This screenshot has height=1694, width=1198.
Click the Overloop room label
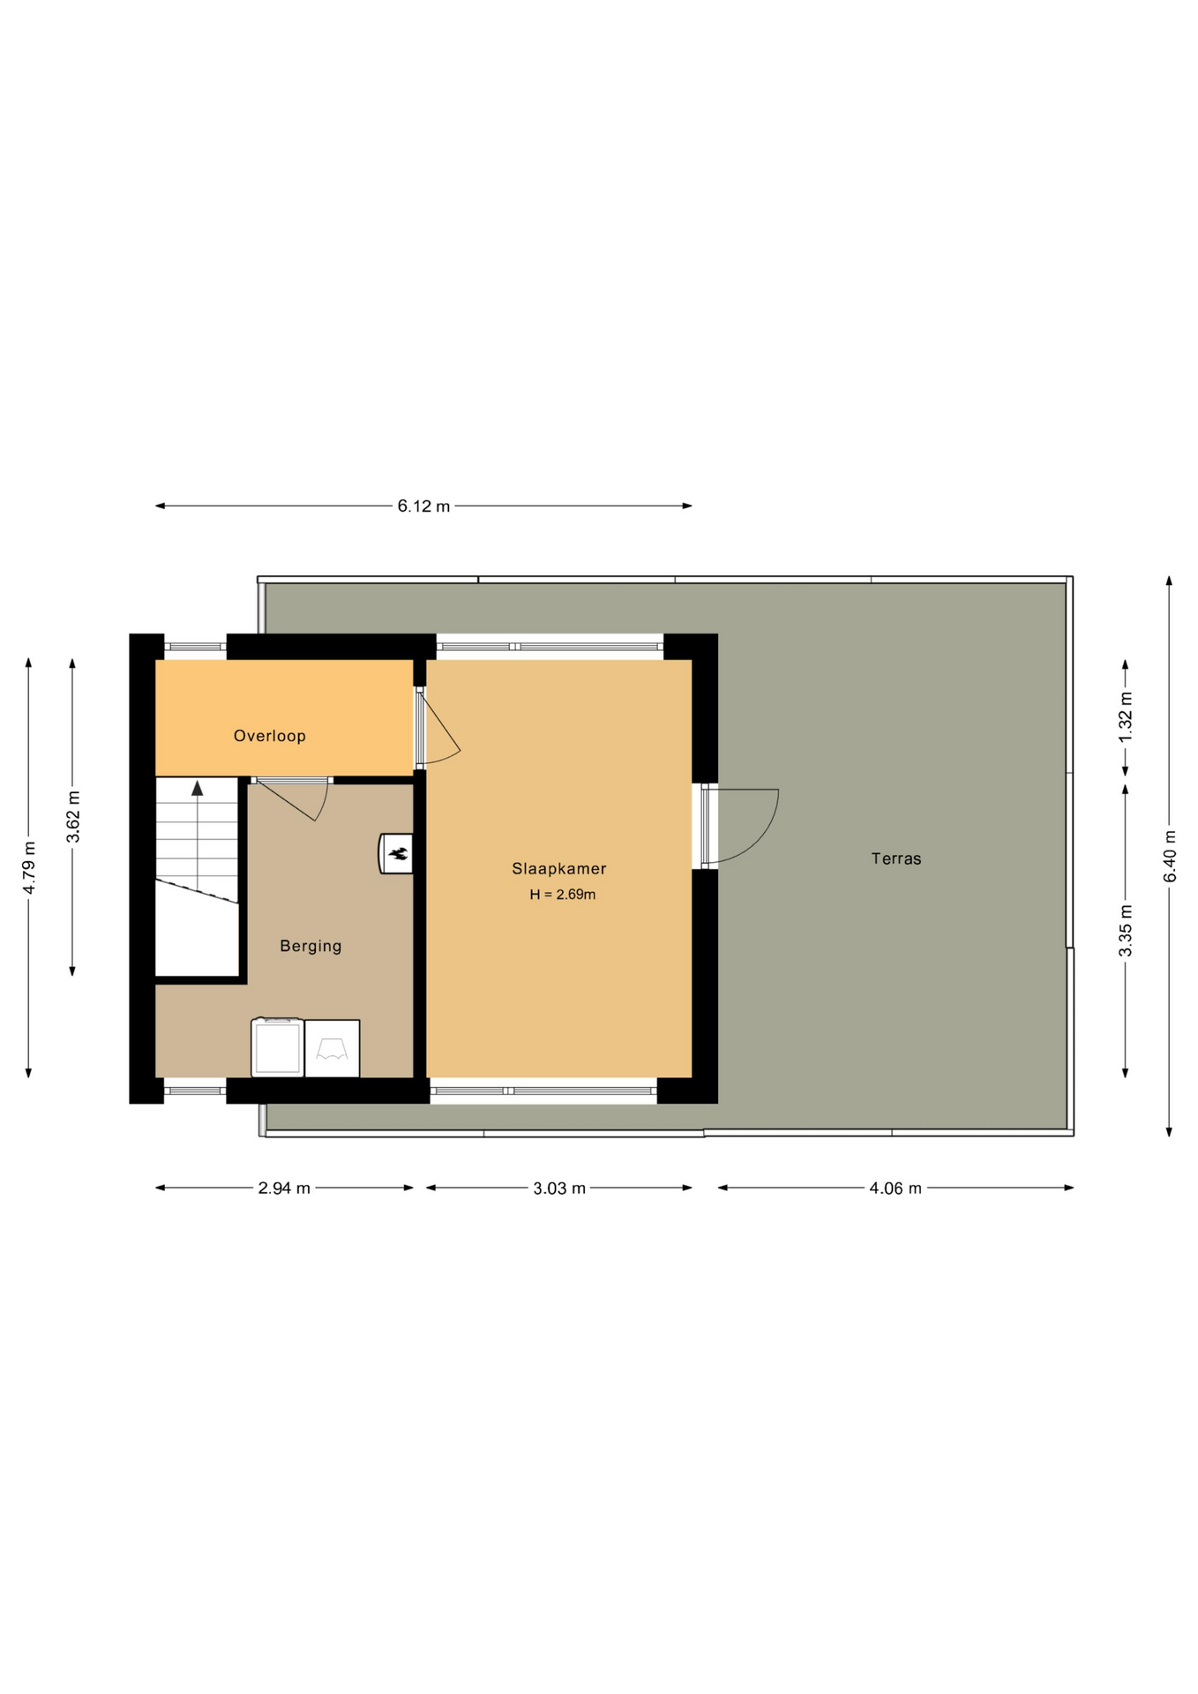tap(269, 736)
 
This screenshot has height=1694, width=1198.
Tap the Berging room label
tap(311, 946)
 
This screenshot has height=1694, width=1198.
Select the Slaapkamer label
tap(559, 868)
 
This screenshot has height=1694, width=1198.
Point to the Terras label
tap(896, 858)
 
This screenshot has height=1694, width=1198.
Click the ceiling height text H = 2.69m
tap(563, 895)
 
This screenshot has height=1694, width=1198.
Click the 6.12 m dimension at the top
tap(423, 506)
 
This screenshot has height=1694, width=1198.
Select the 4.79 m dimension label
tap(29, 868)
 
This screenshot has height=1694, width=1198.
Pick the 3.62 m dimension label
tap(73, 817)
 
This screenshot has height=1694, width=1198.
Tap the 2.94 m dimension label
tap(284, 1188)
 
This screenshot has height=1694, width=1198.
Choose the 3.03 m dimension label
tap(559, 1188)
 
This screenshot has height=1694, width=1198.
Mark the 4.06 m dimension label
tap(895, 1188)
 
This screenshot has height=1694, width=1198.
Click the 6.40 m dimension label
tap(1170, 856)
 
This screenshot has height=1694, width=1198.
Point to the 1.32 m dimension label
tap(1126, 717)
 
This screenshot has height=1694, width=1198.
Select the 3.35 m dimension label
tap(1126, 931)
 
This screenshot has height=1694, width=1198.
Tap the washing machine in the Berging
tap(278, 1048)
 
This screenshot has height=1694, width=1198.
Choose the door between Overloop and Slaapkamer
tap(438, 729)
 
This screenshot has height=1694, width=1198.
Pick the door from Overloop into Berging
tap(291, 798)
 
